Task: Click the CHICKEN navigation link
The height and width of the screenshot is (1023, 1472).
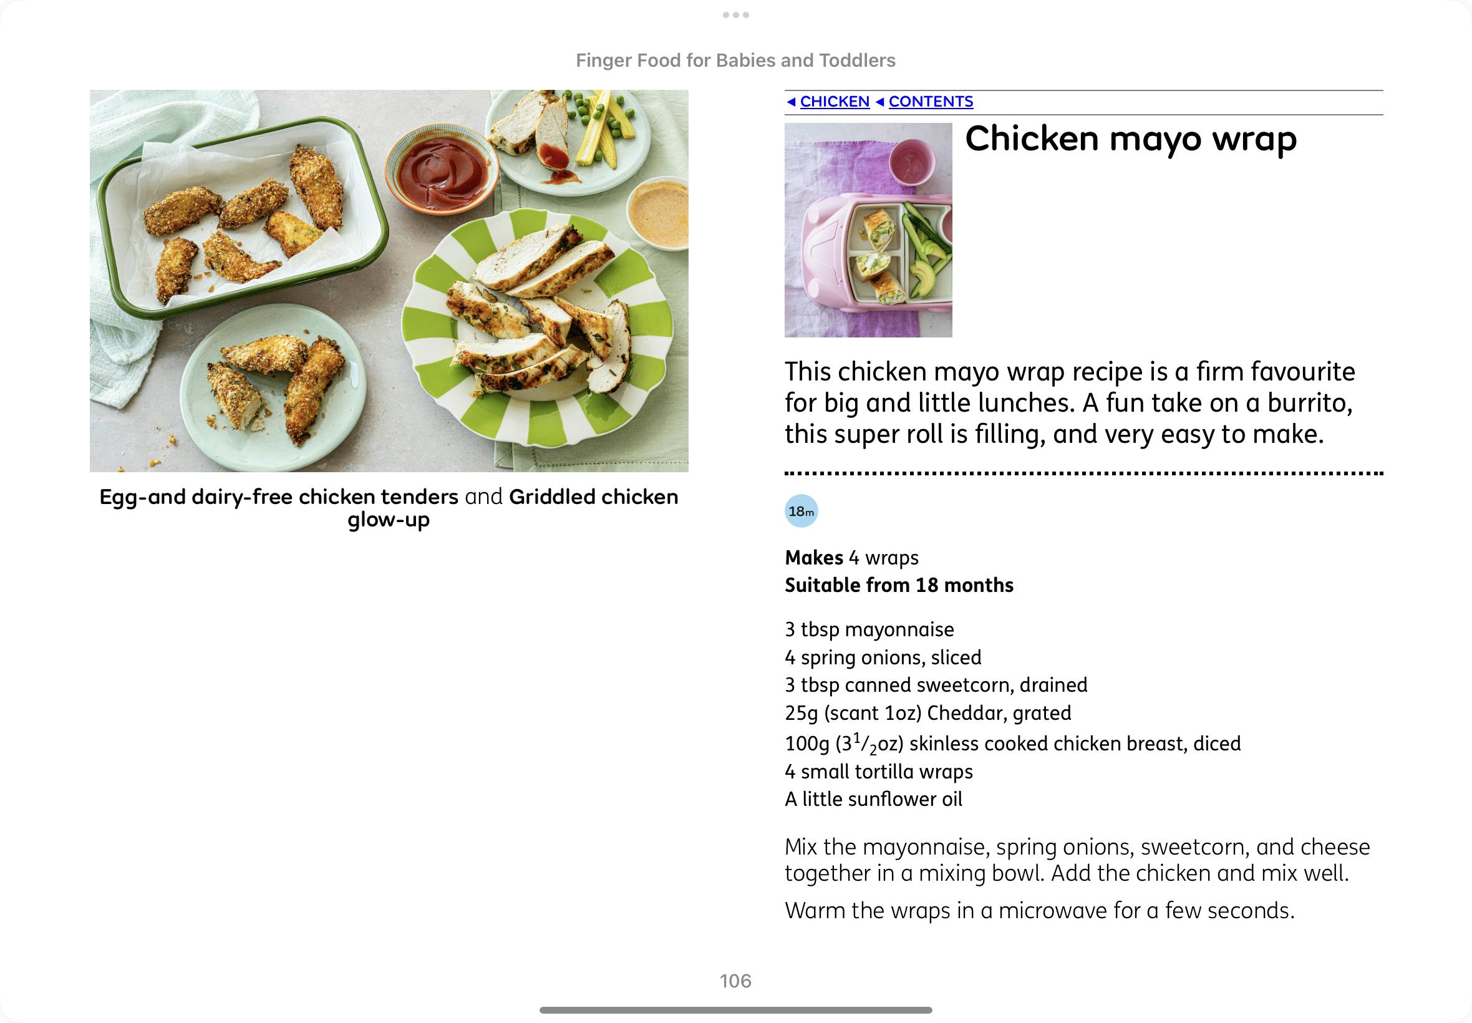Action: tap(835, 101)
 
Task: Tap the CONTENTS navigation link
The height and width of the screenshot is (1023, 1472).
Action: tap(931, 101)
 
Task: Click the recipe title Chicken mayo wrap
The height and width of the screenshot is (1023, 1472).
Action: tap(1130, 139)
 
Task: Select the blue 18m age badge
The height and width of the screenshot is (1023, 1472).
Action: tap(801, 511)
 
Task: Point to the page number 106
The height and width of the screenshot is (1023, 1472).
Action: tap(735, 981)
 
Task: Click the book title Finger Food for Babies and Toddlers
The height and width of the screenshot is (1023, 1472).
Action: tap(735, 61)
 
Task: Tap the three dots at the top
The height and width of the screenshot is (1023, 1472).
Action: tap(735, 15)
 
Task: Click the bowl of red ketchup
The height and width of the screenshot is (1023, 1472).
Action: tap(442, 168)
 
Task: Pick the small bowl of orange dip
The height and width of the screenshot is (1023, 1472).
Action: tap(659, 214)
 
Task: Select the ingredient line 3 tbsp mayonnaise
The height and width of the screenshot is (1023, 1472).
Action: tap(869, 629)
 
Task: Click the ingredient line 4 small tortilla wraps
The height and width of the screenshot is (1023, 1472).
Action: tap(879, 771)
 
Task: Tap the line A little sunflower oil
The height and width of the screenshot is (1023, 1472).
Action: tap(873, 798)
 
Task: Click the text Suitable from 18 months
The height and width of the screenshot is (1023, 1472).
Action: tap(899, 584)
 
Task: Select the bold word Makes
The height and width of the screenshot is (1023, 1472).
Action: tap(814, 558)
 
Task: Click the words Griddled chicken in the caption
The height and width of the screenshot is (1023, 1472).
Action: tap(593, 497)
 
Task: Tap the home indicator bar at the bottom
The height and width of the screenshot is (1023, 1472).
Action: tap(735, 1010)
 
